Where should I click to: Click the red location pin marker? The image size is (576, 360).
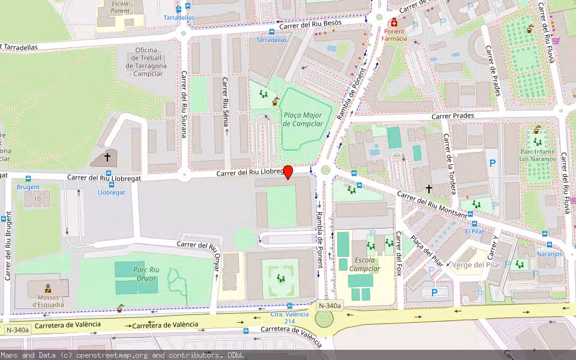coord(288,172)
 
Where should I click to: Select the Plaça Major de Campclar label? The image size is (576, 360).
coord(302,119)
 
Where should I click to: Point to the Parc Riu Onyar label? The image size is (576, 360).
coord(146,274)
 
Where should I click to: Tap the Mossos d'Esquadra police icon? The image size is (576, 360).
coord(47,289)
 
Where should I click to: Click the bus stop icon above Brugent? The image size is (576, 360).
coord(28,179)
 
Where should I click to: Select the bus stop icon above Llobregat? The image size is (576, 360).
coord(111,184)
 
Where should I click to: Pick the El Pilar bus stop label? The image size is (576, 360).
coord(474,231)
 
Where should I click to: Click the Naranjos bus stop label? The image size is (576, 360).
coord(549,254)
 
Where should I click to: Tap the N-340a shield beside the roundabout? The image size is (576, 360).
coord(329,306)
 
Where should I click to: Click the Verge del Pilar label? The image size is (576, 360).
coord(477,265)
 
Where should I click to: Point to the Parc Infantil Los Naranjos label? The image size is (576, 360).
coord(537,155)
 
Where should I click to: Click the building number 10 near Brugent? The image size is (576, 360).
coord(37,199)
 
